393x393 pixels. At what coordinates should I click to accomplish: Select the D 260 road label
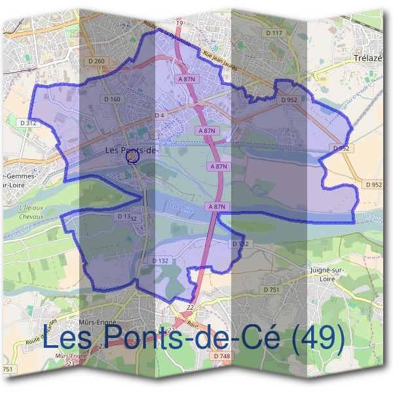[95, 62]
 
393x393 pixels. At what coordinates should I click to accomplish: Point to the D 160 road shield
[113, 100]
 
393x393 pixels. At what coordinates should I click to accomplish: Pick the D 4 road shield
[159, 115]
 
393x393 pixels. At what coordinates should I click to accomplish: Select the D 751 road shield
[271, 290]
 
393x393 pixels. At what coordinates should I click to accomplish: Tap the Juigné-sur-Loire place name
[325, 273]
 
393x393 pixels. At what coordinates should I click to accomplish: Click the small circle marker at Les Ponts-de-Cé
[131, 157]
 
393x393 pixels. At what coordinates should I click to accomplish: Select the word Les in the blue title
[69, 339]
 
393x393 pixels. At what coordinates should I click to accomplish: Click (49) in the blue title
[317, 339]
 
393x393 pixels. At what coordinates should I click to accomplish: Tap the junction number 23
[71, 362]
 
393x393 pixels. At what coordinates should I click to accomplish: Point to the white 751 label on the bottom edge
[7, 371]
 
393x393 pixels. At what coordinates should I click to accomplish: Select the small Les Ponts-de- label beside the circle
[132, 150]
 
